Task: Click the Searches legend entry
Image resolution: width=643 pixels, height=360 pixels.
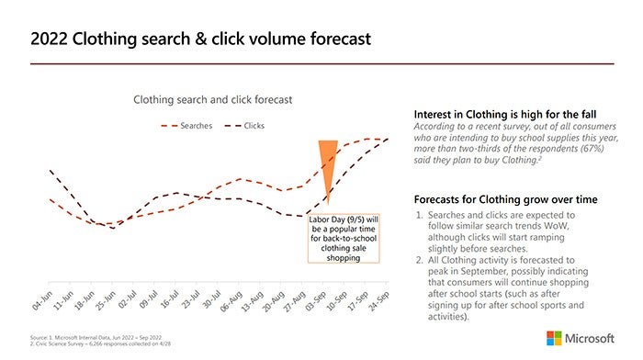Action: pos(192,125)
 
